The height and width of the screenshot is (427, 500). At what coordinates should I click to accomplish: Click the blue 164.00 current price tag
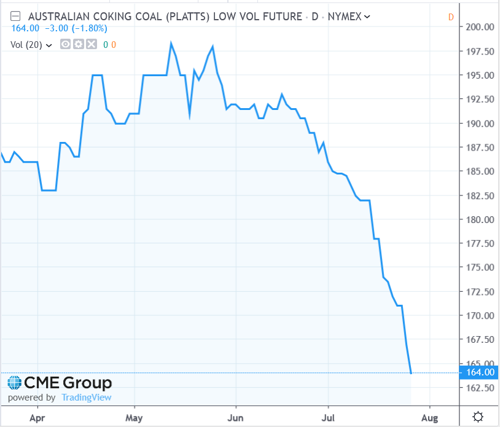(x=480, y=372)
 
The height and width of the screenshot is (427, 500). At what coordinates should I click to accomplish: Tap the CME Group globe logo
(x=15, y=383)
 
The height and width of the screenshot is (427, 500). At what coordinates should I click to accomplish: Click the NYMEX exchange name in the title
(x=344, y=17)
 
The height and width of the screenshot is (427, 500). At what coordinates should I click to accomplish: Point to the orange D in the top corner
(x=451, y=17)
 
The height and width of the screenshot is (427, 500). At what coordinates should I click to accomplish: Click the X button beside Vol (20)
(x=91, y=44)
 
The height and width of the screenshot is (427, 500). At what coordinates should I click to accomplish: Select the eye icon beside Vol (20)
(x=66, y=44)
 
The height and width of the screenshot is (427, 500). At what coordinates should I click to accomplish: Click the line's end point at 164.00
(x=411, y=373)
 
